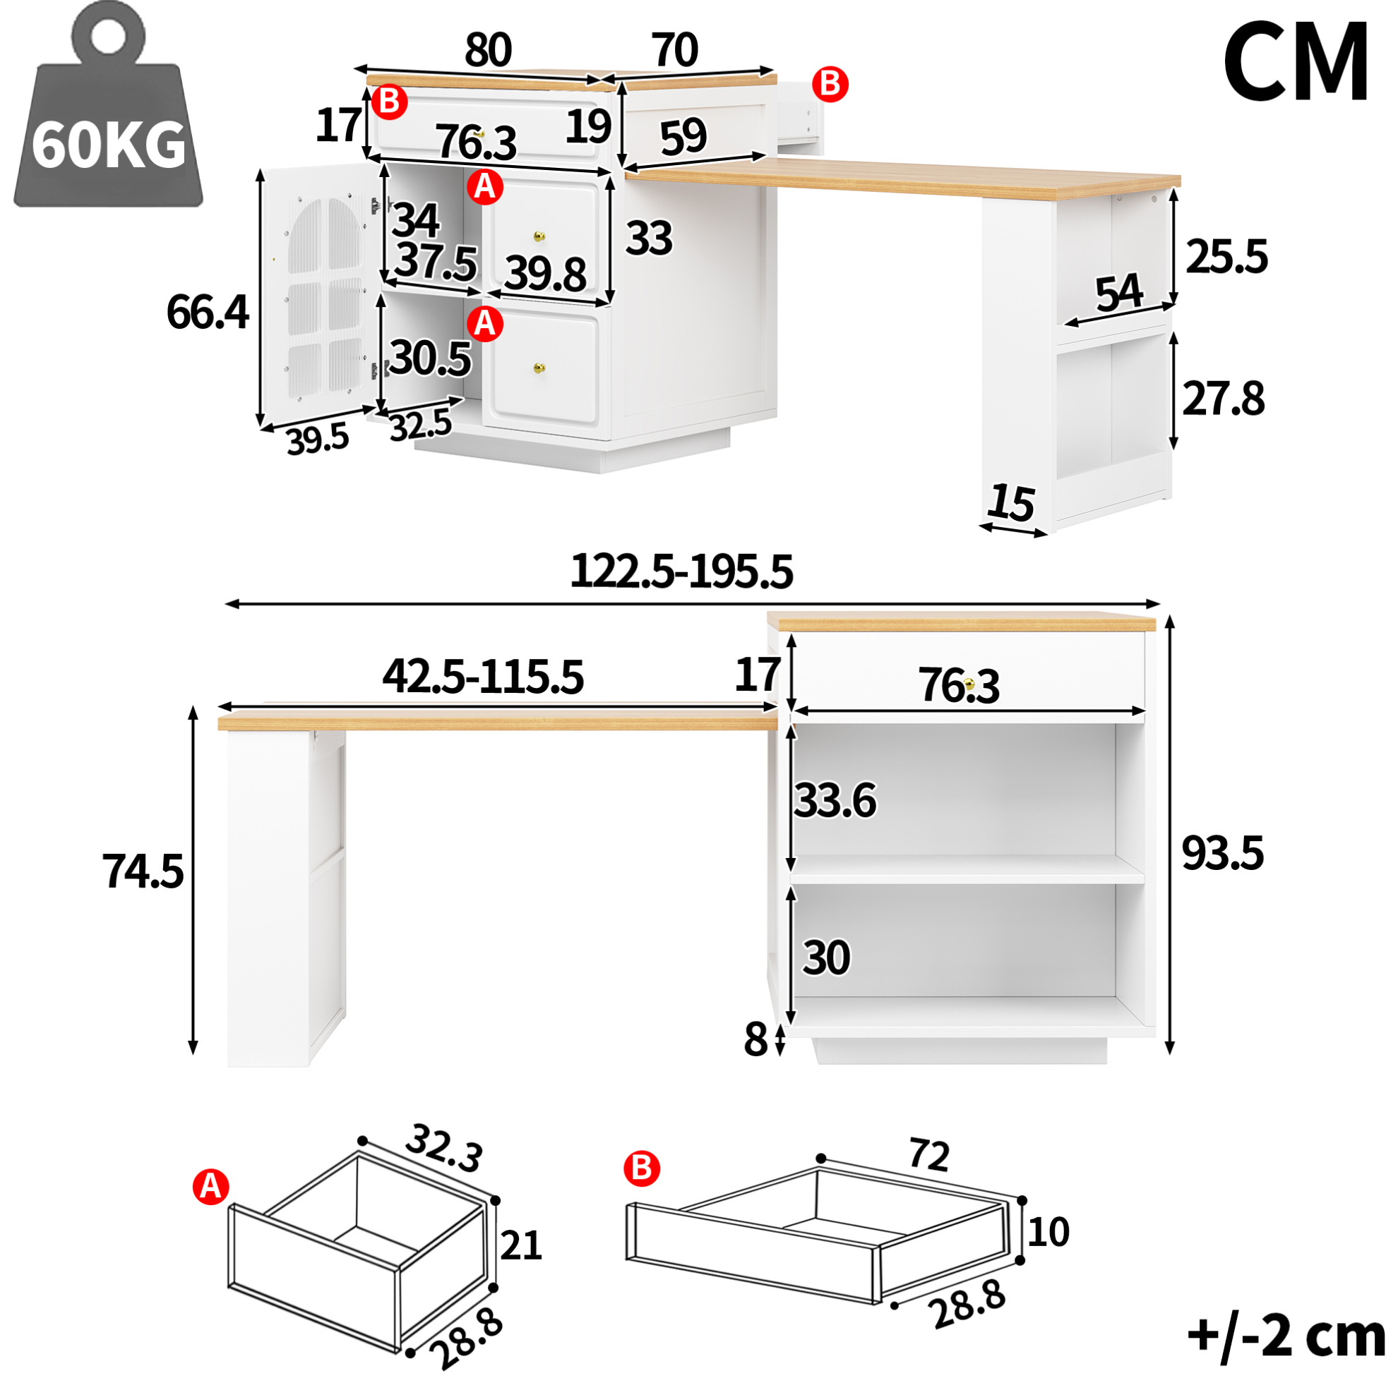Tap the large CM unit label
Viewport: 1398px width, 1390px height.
[x=1297, y=62]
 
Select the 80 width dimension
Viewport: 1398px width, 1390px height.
[x=489, y=50]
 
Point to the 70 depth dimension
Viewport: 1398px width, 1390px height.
[x=675, y=50]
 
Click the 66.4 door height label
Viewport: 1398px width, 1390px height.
[x=208, y=313]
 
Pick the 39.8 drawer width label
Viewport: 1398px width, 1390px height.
[x=546, y=274]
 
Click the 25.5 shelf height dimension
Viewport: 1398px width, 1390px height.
[x=1226, y=257]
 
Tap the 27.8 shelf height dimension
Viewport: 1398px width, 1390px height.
[x=1224, y=399]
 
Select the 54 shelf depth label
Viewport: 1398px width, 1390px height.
[x=1118, y=293]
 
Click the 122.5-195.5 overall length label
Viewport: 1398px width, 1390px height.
[x=681, y=572]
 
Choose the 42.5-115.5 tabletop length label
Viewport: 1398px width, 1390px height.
[x=483, y=677]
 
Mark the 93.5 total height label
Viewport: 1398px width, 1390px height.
[x=1223, y=853]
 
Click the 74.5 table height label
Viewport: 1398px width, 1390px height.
[x=143, y=871]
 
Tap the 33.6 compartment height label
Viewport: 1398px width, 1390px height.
[x=836, y=801]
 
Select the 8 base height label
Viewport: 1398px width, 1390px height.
[x=755, y=1041]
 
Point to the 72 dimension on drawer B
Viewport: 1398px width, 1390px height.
[x=928, y=1154]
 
